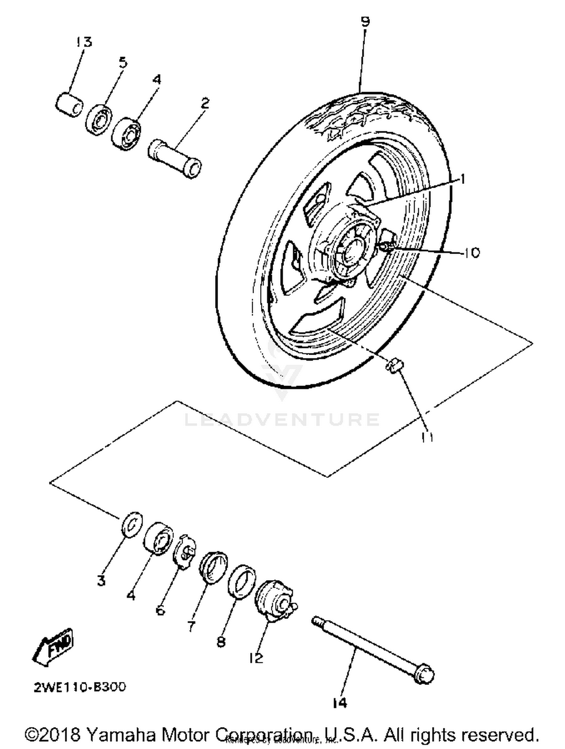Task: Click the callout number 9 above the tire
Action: click(x=365, y=21)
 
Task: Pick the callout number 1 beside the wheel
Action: click(x=462, y=179)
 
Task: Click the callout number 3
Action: click(x=101, y=581)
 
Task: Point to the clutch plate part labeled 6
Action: click(x=185, y=552)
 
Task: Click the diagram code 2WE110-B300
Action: click(x=80, y=687)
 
